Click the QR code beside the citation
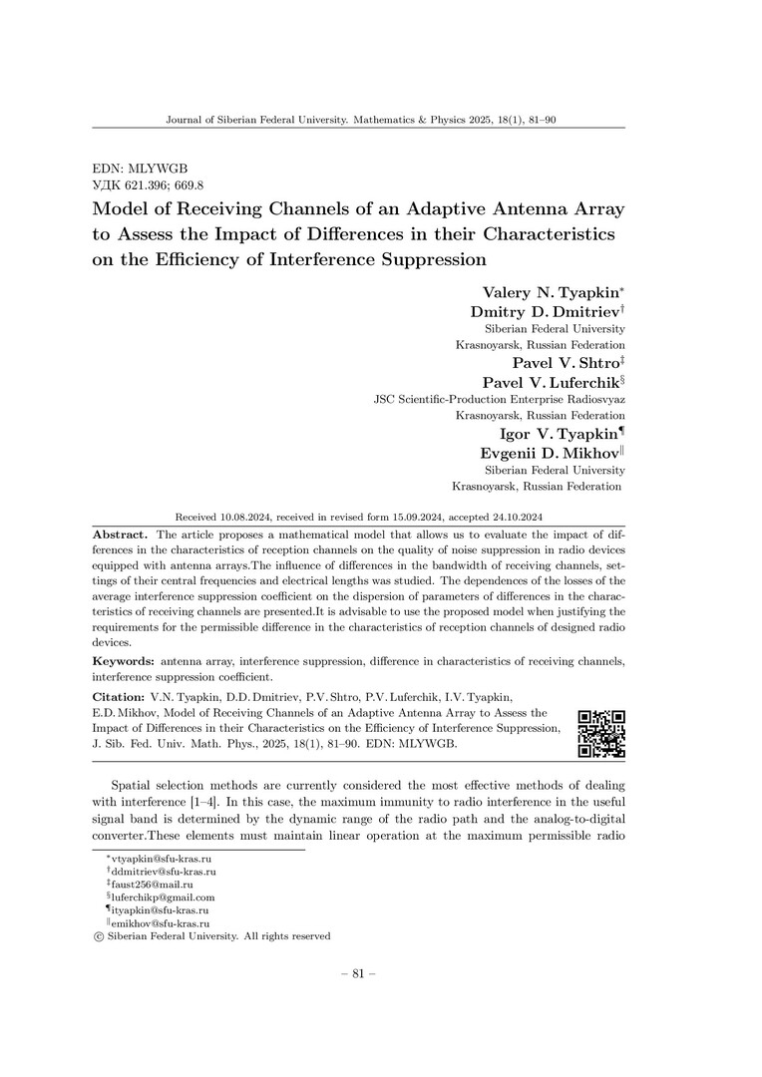601,734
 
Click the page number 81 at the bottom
358,974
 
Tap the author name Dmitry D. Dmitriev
545,311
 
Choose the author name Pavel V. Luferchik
550,382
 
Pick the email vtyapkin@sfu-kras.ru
158,859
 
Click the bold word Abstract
120,536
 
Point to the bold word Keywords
123,661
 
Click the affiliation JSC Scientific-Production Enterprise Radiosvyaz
499,399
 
